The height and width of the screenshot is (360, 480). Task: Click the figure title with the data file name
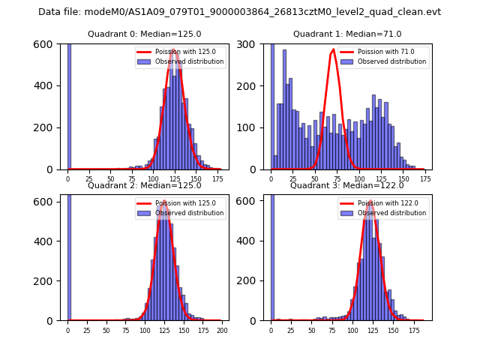click(240, 12)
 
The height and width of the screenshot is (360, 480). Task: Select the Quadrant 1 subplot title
click(346, 34)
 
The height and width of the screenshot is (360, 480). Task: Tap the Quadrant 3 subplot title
click(346, 185)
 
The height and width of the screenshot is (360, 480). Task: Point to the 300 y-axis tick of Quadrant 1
click(256, 44)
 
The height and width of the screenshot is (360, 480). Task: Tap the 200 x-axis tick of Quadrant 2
click(222, 330)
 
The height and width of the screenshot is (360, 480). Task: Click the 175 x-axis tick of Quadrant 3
click(413, 330)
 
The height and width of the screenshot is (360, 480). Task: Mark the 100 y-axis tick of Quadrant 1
click(256, 127)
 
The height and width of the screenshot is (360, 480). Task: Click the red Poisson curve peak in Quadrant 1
click(334, 50)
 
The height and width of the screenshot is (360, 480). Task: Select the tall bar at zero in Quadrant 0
click(69, 105)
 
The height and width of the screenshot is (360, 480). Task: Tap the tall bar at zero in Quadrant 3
click(272, 255)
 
